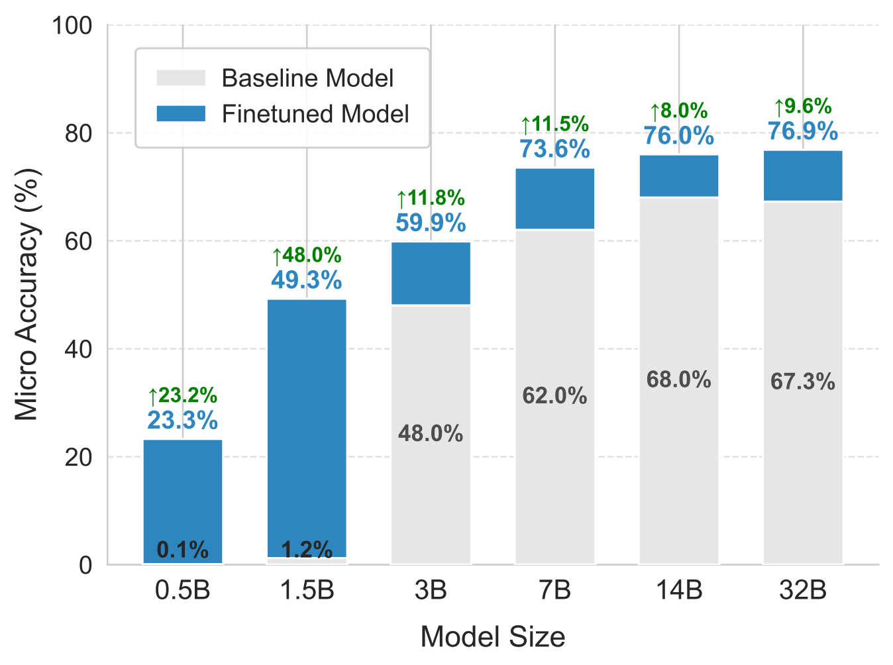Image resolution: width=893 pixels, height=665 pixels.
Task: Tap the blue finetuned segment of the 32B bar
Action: (803, 176)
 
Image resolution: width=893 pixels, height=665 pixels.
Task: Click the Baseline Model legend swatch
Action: (181, 78)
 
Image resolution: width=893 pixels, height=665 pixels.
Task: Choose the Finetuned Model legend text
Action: (315, 114)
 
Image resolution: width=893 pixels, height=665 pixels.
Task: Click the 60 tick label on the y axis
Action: (78, 242)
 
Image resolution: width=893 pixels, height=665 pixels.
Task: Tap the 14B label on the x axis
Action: (679, 590)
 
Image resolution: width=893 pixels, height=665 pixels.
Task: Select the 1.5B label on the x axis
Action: (307, 590)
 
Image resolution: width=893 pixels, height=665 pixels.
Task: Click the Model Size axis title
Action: (493, 637)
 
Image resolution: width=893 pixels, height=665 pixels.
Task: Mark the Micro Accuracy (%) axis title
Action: (27, 295)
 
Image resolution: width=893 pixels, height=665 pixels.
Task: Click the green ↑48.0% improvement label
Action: (307, 256)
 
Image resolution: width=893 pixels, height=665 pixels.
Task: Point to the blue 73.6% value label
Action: (555, 149)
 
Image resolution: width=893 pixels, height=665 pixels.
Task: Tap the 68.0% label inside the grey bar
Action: (679, 380)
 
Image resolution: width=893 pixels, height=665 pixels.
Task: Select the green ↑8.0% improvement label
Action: (679, 111)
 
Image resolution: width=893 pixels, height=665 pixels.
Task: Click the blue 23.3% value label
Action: (183, 421)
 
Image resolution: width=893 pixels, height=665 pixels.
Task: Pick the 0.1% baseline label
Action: (183, 550)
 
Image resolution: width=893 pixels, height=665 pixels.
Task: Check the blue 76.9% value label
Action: (803, 131)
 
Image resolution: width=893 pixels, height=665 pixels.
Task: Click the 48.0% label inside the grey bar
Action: (431, 434)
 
